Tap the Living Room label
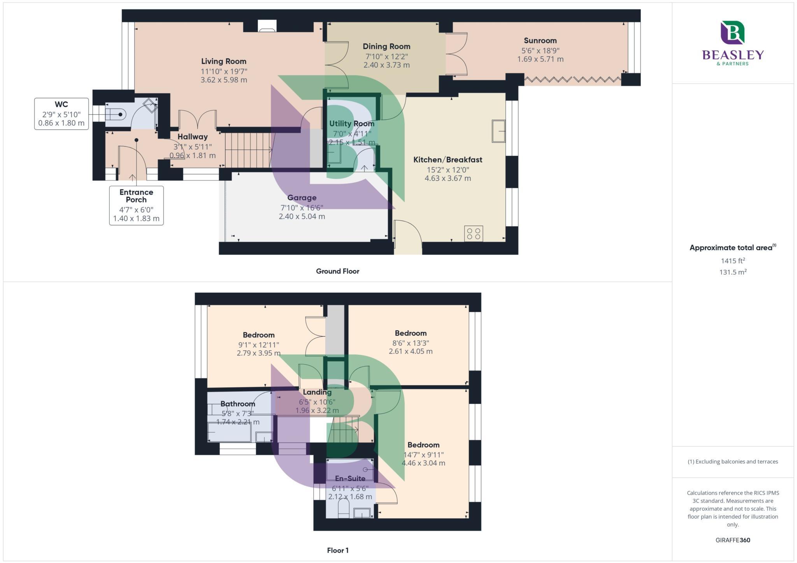point(223,61)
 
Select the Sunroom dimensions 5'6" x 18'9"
point(540,50)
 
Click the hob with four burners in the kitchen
point(474,234)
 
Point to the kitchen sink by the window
point(498,131)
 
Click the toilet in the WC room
point(116,114)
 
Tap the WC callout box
point(61,114)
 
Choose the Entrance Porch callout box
point(136,205)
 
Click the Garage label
point(302,198)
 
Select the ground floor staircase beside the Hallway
point(248,150)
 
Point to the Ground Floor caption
point(337,271)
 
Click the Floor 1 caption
point(337,550)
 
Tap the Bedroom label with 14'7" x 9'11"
point(423,445)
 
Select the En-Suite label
point(350,478)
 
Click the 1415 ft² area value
point(733,261)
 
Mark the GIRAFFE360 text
point(732,540)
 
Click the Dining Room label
point(386,46)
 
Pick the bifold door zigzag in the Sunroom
point(572,80)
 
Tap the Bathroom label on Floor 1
point(237,404)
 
